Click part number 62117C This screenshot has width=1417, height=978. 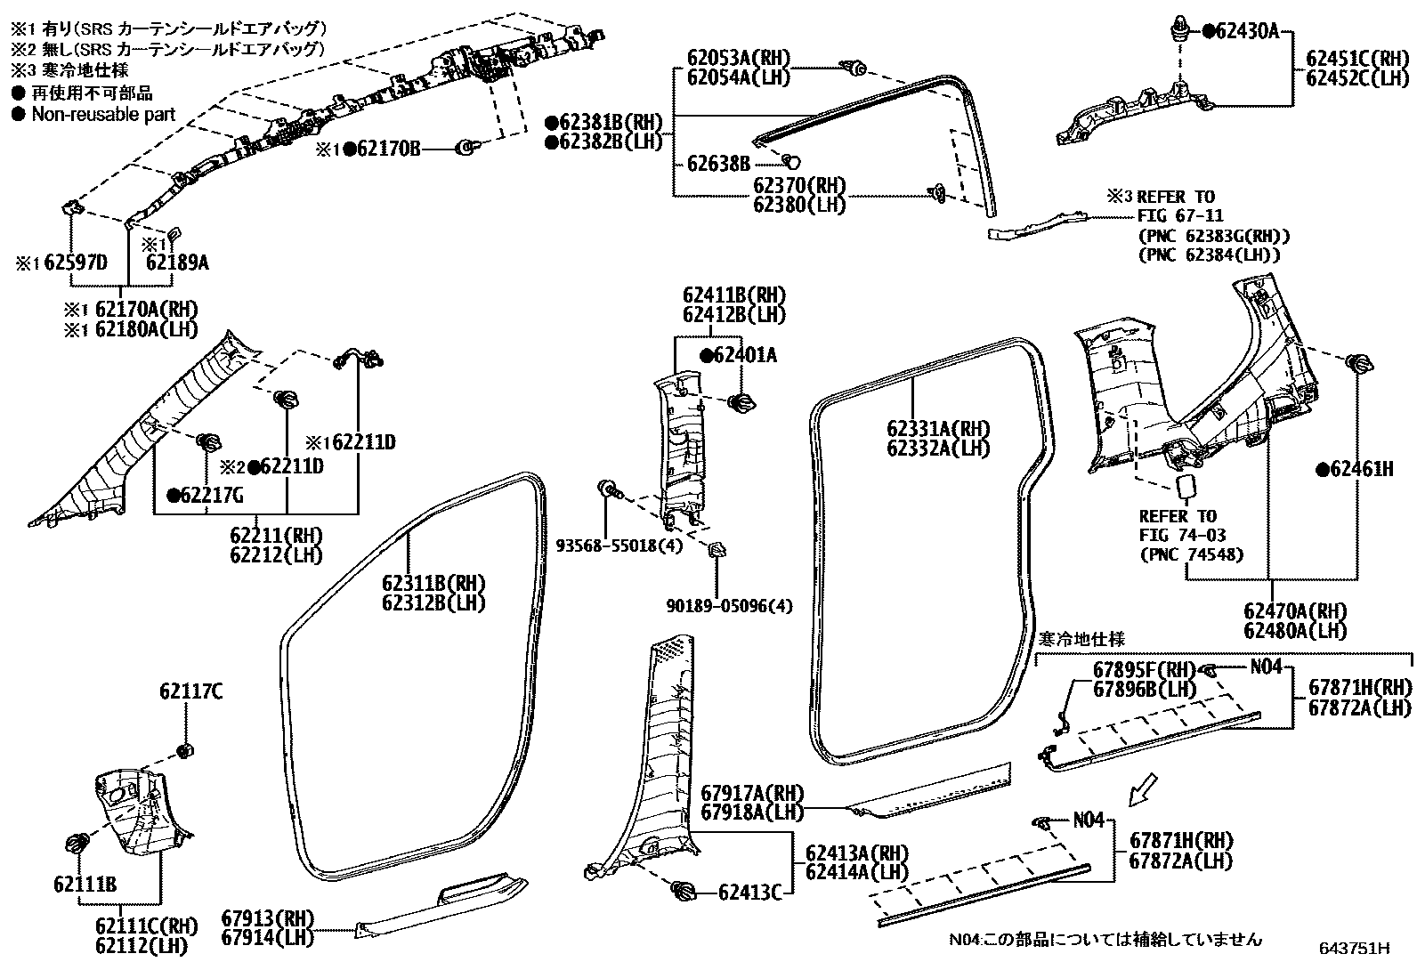pyautogui.click(x=191, y=691)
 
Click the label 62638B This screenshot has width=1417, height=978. pyautogui.click(x=718, y=163)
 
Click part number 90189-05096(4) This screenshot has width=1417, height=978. pyautogui.click(x=731, y=607)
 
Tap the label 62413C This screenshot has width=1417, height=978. pyautogui.click(x=749, y=892)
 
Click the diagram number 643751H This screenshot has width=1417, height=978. pyautogui.click(x=1354, y=949)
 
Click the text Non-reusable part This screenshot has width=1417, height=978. pyautogui.click(x=103, y=114)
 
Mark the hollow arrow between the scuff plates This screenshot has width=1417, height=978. pyautogui.click(x=1142, y=789)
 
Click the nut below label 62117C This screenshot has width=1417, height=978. pyautogui.click(x=187, y=751)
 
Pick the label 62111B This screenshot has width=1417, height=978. pyautogui.click(x=85, y=884)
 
